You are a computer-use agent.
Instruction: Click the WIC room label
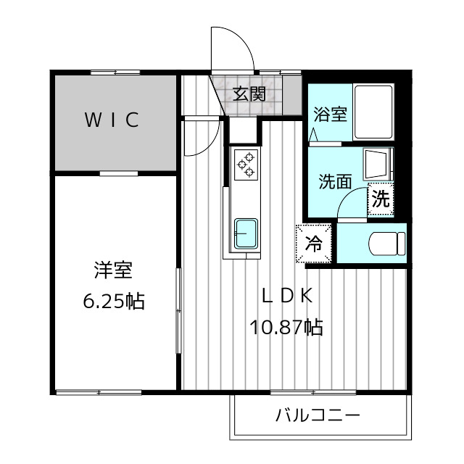pos(112,120)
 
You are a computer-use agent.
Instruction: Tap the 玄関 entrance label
pos(249,94)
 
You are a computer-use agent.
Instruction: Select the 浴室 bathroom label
pos(331,114)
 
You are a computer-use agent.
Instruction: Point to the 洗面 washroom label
pos(335,181)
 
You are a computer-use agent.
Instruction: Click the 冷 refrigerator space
pos(314,244)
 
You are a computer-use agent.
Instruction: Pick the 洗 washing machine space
pos(381,199)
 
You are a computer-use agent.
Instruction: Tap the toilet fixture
pos(387,244)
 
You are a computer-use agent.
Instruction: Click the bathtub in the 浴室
pos(373,112)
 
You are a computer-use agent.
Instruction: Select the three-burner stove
pos(246,165)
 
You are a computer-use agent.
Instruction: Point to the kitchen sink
pos(246,233)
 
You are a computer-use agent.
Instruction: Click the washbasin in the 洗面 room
pos(378,164)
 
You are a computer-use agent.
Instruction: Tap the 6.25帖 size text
pos(114,302)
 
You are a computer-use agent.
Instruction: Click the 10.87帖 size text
pos(286,327)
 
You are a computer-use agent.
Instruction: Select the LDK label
pos(287,295)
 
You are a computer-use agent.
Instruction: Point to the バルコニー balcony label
pos(318,415)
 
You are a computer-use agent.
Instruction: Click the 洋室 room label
pos(113,270)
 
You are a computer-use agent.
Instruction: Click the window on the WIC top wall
pos(115,72)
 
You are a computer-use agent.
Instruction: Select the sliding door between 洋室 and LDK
pos(178,310)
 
